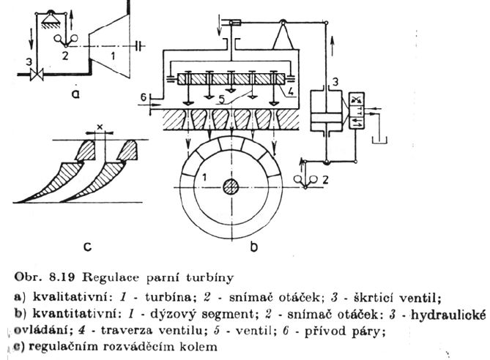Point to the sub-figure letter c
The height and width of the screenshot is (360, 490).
pyautogui.click(x=86, y=247)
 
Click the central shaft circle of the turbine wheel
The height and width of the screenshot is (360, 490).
pyautogui.click(x=231, y=187)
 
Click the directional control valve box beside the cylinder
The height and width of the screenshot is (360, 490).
pyautogui.click(x=358, y=112)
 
